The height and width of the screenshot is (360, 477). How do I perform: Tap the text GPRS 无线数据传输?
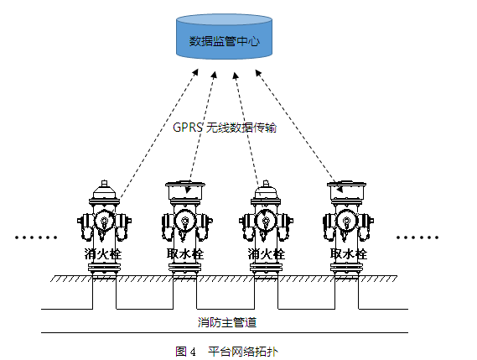225,129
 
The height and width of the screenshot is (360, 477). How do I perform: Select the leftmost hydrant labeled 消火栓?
104,222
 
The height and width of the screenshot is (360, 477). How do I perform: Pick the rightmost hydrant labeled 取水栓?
348,222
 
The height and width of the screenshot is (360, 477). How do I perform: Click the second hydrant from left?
185,222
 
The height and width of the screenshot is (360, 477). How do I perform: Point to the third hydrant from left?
267,222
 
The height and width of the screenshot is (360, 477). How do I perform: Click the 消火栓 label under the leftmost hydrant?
103,253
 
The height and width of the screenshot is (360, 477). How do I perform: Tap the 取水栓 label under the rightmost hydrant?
348,253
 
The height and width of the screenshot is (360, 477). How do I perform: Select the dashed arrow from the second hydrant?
202,126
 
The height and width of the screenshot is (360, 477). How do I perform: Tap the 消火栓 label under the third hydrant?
267,253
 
